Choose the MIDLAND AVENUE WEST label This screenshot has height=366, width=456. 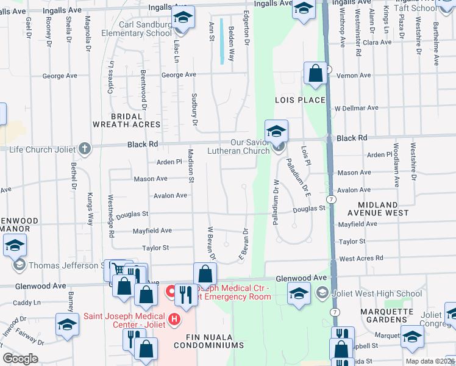point(378,209)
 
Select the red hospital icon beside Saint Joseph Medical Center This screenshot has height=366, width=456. point(175,318)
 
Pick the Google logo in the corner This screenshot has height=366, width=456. point(20,359)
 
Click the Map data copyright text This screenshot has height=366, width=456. point(430,361)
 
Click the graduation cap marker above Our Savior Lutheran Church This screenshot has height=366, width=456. point(276,131)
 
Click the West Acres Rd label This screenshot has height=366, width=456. point(362,259)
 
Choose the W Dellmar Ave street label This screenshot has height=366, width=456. point(356,108)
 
